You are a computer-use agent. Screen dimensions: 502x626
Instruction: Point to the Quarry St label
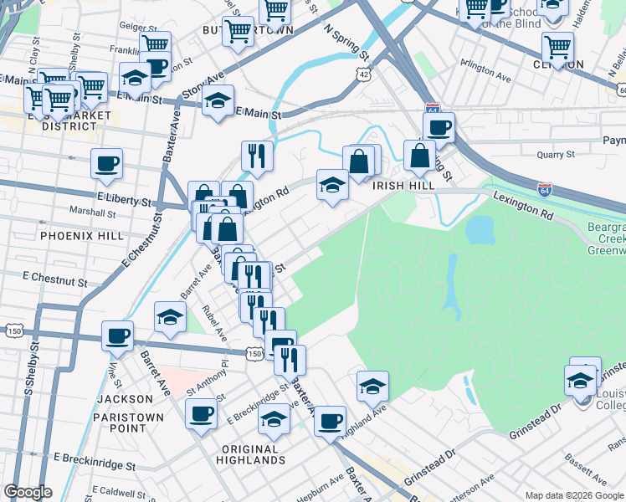(x=556, y=155)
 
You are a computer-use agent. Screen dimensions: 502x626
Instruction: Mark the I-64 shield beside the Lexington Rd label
(x=545, y=192)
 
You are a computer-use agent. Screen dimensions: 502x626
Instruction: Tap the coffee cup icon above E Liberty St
(x=106, y=164)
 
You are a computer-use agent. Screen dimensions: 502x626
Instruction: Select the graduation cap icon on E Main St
(x=218, y=101)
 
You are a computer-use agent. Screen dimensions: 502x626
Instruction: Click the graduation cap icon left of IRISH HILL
(x=332, y=184)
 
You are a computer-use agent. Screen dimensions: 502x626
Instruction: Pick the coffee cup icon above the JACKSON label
(x=117, y=336)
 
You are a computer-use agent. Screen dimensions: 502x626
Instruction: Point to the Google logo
(x=28, y=492)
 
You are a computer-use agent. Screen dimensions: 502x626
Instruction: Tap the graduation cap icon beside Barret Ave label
(x=170, y=316)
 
